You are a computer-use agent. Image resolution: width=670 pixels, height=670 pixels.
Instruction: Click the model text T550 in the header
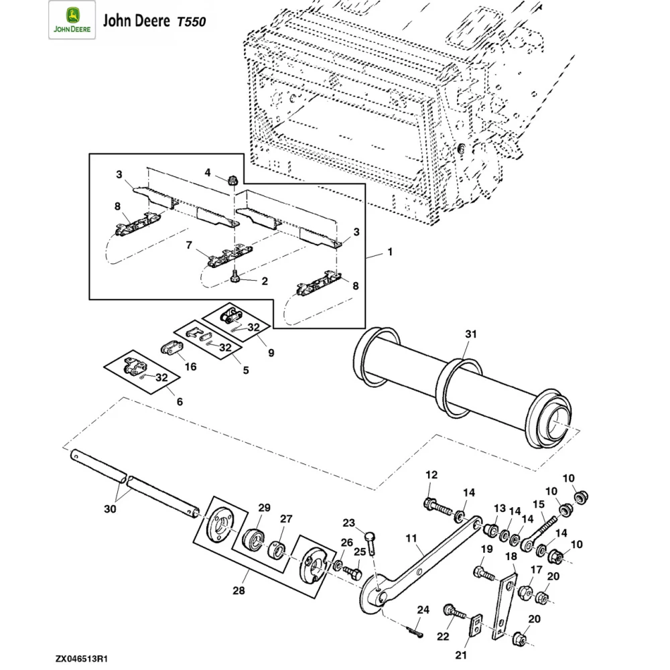tap(191, 21)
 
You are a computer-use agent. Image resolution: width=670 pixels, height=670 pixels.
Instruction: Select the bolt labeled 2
tap(235, 276)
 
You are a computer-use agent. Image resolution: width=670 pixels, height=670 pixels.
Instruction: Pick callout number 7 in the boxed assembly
tap(190, 245)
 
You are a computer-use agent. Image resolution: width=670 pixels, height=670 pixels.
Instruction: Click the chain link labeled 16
tap(172, 348)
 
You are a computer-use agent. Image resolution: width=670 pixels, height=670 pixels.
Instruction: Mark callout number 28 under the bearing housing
tap(239, 591)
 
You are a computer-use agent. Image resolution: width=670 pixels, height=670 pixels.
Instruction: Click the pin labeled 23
tap(371, 536)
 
